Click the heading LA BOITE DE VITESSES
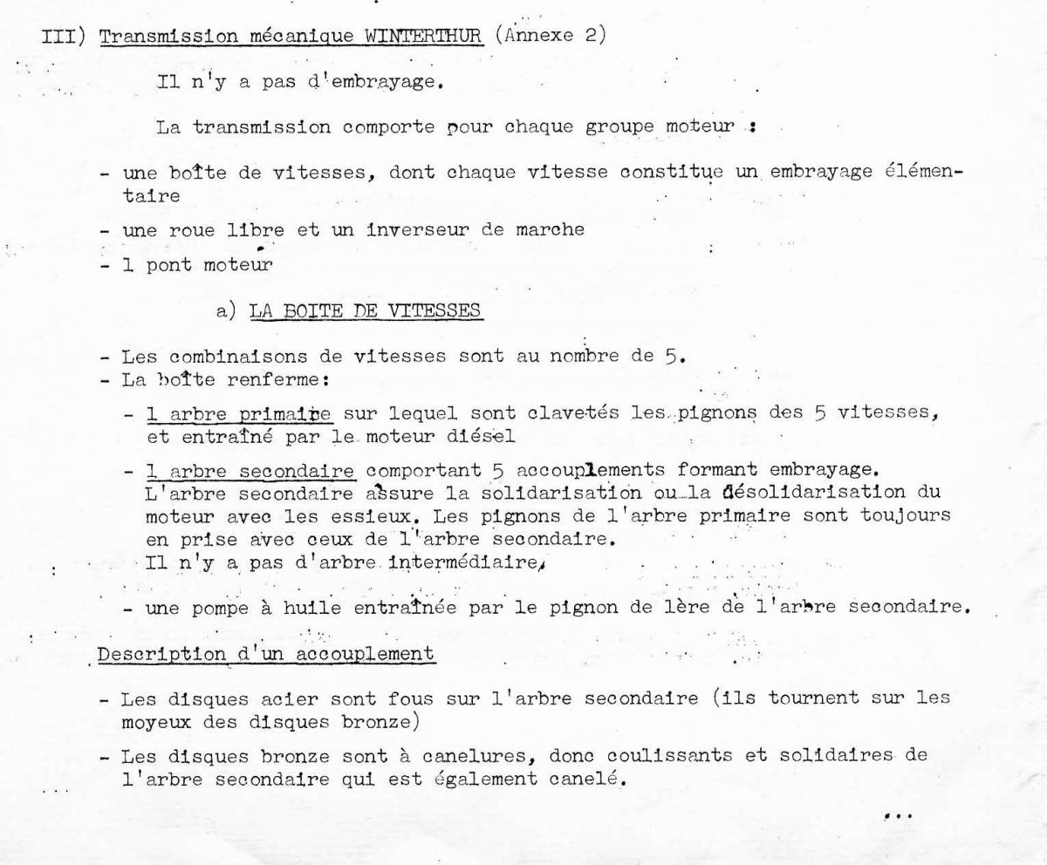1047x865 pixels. (365, 311)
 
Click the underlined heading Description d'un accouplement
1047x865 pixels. (267, 654)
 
